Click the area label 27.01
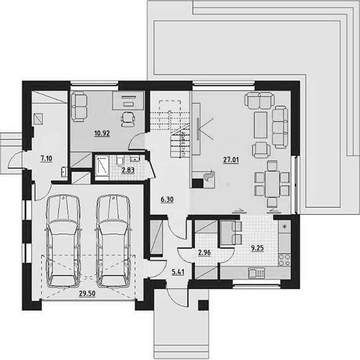(x=231, y=160)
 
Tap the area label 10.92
(x=102, y=133)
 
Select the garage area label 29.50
(x=87, y=293)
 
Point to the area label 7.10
(x=46, y=158)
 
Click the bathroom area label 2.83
(x=128, y=170)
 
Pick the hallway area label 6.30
(x=167, y=199)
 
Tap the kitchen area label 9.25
(x=257, y=248)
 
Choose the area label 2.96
(x=204, y=252)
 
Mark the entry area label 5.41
(x=178, y=272)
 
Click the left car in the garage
(x=63, y=241)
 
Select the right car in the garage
(x=113, y=241)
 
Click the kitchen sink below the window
(x=256, y=273)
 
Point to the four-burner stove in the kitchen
(x=284, y=260)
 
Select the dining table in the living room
(x=272, y=184)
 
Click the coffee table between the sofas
(x=261, y=125)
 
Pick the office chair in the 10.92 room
(x=127, y=119)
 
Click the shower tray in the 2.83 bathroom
(x=102, y=167)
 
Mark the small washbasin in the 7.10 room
(x=64, y=172)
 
